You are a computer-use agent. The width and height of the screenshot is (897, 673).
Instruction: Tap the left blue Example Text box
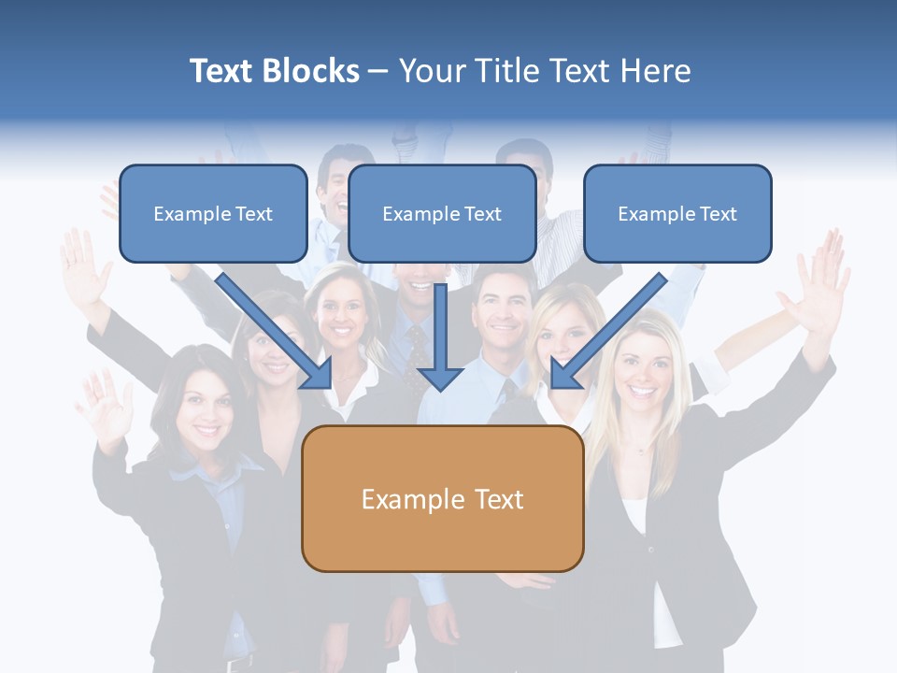click(213, 214)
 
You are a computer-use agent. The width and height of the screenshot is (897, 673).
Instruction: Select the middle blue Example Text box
click(442, 214)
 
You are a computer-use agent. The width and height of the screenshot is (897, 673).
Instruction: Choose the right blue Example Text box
click(677, 214)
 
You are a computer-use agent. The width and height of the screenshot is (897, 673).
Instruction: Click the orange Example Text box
click(442, 499)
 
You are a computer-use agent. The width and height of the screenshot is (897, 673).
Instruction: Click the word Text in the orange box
click(499, 499)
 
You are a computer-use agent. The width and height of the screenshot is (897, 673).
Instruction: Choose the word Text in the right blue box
click(719, 214)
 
